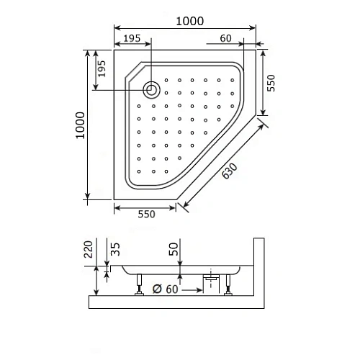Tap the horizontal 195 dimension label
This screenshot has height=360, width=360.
click(131, 37)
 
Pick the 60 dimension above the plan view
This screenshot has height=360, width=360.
click(225, 37)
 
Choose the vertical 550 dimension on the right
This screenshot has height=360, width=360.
click(271, 84)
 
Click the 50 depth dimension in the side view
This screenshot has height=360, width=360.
click(174, 250)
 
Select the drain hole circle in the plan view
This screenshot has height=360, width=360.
click(151, 90)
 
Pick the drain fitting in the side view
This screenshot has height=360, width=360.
click(211, 277)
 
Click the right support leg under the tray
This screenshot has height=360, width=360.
click(229, 287)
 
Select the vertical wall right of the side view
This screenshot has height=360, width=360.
click(256, 270)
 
